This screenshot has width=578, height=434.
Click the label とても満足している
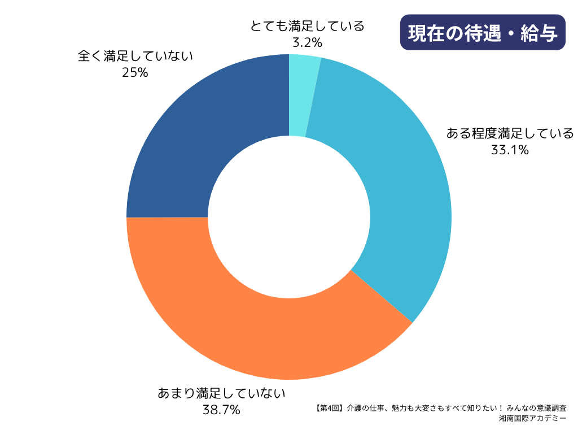click(307, 26)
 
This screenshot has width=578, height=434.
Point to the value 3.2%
click(307, 42)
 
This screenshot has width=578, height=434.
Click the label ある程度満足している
click(510, 133)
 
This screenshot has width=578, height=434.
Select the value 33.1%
click(510, 150)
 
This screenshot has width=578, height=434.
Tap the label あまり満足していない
click(222, 393)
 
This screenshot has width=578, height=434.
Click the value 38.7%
click(222, 409)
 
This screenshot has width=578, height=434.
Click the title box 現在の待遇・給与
click(483, 33)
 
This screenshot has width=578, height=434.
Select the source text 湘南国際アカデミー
click(533, 419)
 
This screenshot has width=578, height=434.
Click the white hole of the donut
click(289, 217)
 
